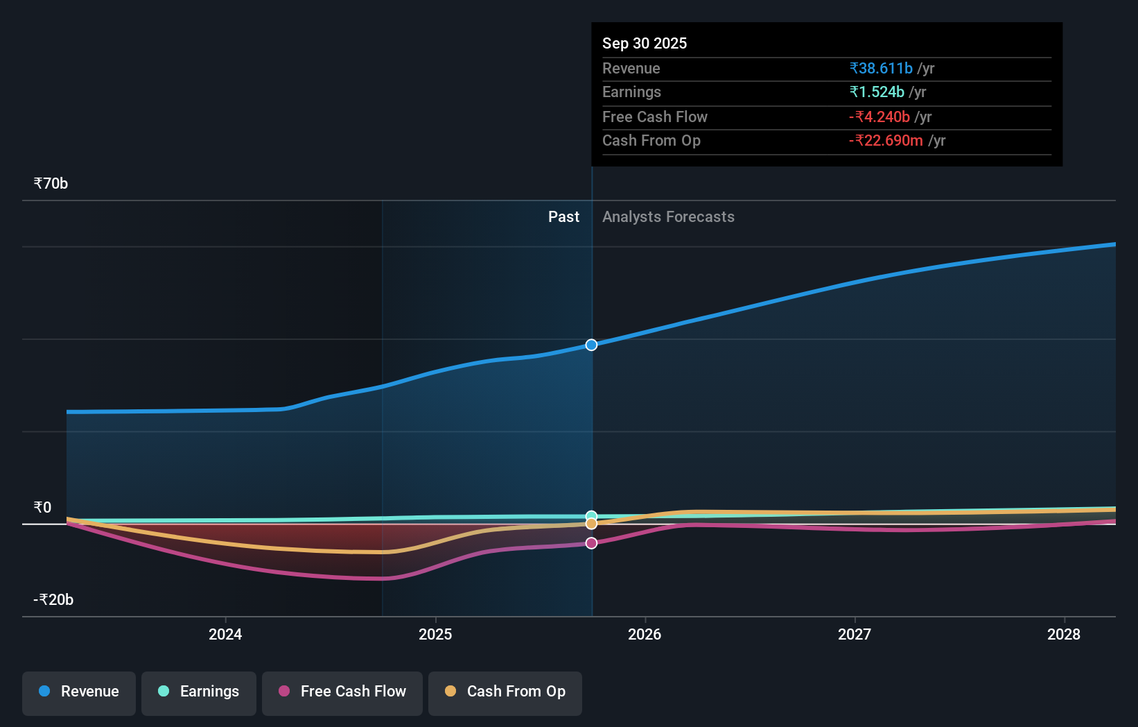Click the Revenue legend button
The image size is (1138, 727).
tap(79, 692)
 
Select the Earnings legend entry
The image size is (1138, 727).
tap(199, 692)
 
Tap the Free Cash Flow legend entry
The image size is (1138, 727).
tap(342, 692)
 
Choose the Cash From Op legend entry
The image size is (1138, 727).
tap(505, 692)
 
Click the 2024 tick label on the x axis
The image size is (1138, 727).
tap(225, 634)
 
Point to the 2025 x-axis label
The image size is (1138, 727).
tap(435, 634)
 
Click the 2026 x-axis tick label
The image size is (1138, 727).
tap(645, 634)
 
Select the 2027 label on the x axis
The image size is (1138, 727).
tap(855, 634)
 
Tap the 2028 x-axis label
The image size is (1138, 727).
tap(1064, 634)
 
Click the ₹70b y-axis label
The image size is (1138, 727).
tap(51, 184)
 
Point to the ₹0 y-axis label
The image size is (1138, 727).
tap(42, 508)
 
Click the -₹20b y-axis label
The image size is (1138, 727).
tap(53, 600)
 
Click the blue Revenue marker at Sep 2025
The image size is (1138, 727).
tap(591, 345)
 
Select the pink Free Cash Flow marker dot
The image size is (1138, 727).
tap(591, 543)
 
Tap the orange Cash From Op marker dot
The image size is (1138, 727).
tap(591, 524)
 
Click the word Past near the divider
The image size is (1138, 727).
tap(563, 217)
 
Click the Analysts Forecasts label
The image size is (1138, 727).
tap(668, 217)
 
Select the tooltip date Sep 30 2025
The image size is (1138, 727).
tap(645, 44)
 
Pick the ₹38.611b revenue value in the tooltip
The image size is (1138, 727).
tap(881, 69)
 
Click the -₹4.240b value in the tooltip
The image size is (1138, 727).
tap(879, 117)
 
